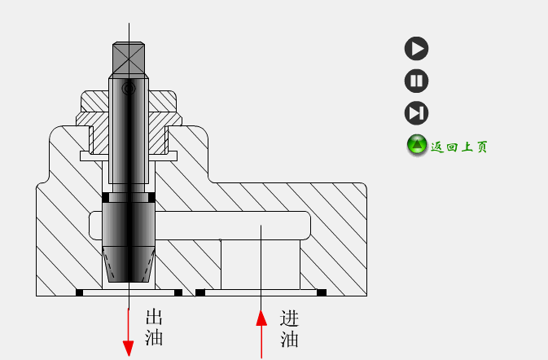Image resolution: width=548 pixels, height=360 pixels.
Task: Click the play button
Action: point(417,48)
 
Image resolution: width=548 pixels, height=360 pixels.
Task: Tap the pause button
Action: point(417,81)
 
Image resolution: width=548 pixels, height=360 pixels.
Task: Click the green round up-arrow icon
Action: point(417,145)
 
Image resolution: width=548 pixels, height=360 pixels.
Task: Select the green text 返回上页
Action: point(459,147)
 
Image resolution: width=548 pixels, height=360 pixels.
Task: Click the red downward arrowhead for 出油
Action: point(129,348)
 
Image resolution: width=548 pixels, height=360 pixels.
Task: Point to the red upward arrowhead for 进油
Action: point(261,318)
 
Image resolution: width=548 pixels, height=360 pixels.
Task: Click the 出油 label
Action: point(154,327)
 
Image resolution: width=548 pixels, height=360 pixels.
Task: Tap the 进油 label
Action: point(289,329)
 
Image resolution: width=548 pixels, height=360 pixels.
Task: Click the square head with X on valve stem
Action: point(129,59)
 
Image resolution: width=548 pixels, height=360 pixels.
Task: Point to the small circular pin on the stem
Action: point(129,89)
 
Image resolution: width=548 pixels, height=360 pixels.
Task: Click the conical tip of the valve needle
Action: point(129,264)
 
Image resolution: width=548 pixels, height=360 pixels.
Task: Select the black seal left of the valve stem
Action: point(106,197)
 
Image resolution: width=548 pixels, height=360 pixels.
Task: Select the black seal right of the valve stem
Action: point(151,197)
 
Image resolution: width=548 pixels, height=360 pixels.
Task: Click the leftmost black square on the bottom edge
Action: point(80,292)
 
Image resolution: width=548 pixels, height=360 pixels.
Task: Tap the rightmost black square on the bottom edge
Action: point(322,292)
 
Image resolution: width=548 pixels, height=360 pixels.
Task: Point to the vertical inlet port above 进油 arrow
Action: point(261,265)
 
